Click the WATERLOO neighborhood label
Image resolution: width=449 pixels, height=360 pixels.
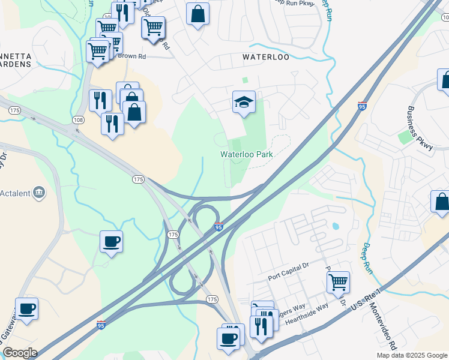[266, 57]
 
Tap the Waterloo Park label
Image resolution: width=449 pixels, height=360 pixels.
[247, 154]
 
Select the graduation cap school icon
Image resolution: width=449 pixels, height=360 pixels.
[244, 103]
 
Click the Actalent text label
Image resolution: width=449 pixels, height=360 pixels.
[15, 193]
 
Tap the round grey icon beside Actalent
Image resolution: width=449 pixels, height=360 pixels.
[40, 192]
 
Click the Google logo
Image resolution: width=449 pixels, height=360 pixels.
[20, 353]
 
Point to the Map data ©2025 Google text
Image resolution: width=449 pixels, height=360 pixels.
[412, 355]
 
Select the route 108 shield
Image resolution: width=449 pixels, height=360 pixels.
[78, 120]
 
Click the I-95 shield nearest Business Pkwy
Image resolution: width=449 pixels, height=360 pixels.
[362, 106]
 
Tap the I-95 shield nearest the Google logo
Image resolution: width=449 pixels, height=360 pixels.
[101, 324]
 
